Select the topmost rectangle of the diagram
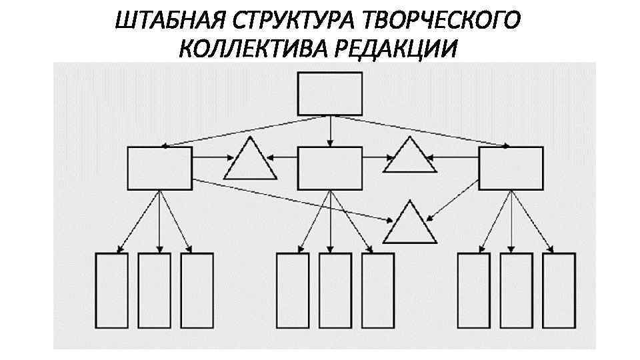pyautogui.click(x=330, y=94)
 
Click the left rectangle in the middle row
pyautogui.click(x=159, y=167)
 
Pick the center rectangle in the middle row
pyautogui.click(x=330, y=167)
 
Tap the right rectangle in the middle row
pyautogui.click(x=511, y=167)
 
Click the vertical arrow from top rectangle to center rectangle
pyautogui.click(x=330, y=131)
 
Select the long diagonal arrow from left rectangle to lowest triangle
pyautogui.click(x=293, y=200)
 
